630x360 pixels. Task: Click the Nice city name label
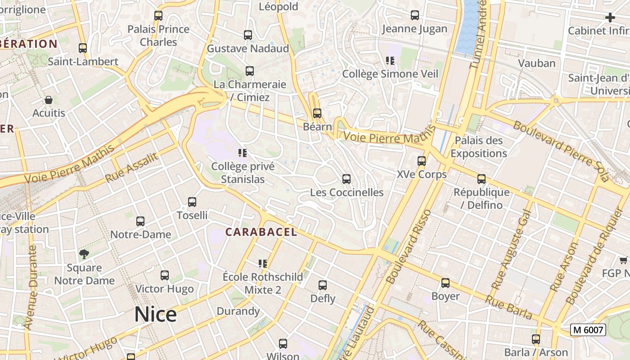[155, 314]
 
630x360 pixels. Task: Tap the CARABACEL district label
[261, 232]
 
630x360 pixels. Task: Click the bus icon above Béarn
[317, 113]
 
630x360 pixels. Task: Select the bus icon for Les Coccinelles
[346, 179]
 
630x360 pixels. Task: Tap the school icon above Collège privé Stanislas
[243, 153]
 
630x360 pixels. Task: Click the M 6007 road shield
[588, 330]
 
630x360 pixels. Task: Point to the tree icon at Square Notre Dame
[84, 254]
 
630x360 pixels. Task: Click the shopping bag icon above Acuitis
[49, 99]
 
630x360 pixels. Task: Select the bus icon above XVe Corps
[422, 161]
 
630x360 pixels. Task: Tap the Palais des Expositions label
[478, 147]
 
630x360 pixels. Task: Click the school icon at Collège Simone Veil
[390, 60]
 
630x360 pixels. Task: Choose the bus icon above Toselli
[192, 202]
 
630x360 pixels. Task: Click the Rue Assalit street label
[132, 167]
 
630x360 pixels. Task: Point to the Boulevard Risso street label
[408, 247]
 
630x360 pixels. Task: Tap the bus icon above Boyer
[445, 283]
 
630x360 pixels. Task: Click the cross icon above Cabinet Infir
[610, 18]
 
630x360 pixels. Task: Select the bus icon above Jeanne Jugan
[415, 15]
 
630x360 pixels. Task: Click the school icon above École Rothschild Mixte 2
[263, 263]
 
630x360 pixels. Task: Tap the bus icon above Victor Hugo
[165, 275]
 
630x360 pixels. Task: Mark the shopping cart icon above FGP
[624, 260]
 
